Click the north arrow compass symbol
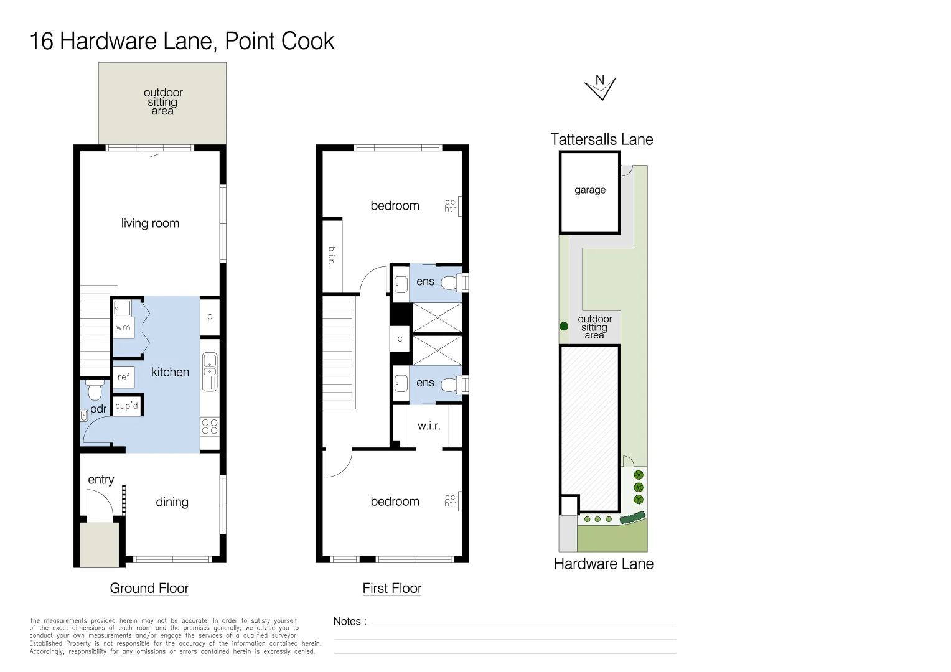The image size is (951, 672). tap(600, 88)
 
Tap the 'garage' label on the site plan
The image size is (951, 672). tap(589, 190)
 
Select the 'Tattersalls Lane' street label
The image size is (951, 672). tap(601, 140)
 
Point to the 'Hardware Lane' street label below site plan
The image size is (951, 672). tap(603, 564)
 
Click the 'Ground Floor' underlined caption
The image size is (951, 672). tap(149, 589)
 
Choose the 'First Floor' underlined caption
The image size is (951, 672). tap(392, 589)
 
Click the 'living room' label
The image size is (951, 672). tap(150, 223)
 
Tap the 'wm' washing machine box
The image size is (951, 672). tap(123, 327)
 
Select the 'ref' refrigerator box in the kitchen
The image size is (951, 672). tap(123, 377)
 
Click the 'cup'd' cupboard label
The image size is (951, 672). tap(126, 406)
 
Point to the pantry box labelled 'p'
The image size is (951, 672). tap(210, 317)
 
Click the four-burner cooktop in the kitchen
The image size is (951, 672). tap(210, 426)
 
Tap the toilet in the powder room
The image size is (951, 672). tap(95, 390)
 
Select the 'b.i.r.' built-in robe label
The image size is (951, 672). tap(332, 255)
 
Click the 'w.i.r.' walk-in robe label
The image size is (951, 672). tap(429, 426)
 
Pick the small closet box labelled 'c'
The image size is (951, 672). tap(400, 339)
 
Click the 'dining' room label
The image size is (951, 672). tap(172, 502)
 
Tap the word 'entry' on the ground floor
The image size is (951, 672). tap(101, 480)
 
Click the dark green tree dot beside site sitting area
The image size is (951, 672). tap(564, 326)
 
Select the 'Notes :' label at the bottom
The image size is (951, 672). tap(350, 622)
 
